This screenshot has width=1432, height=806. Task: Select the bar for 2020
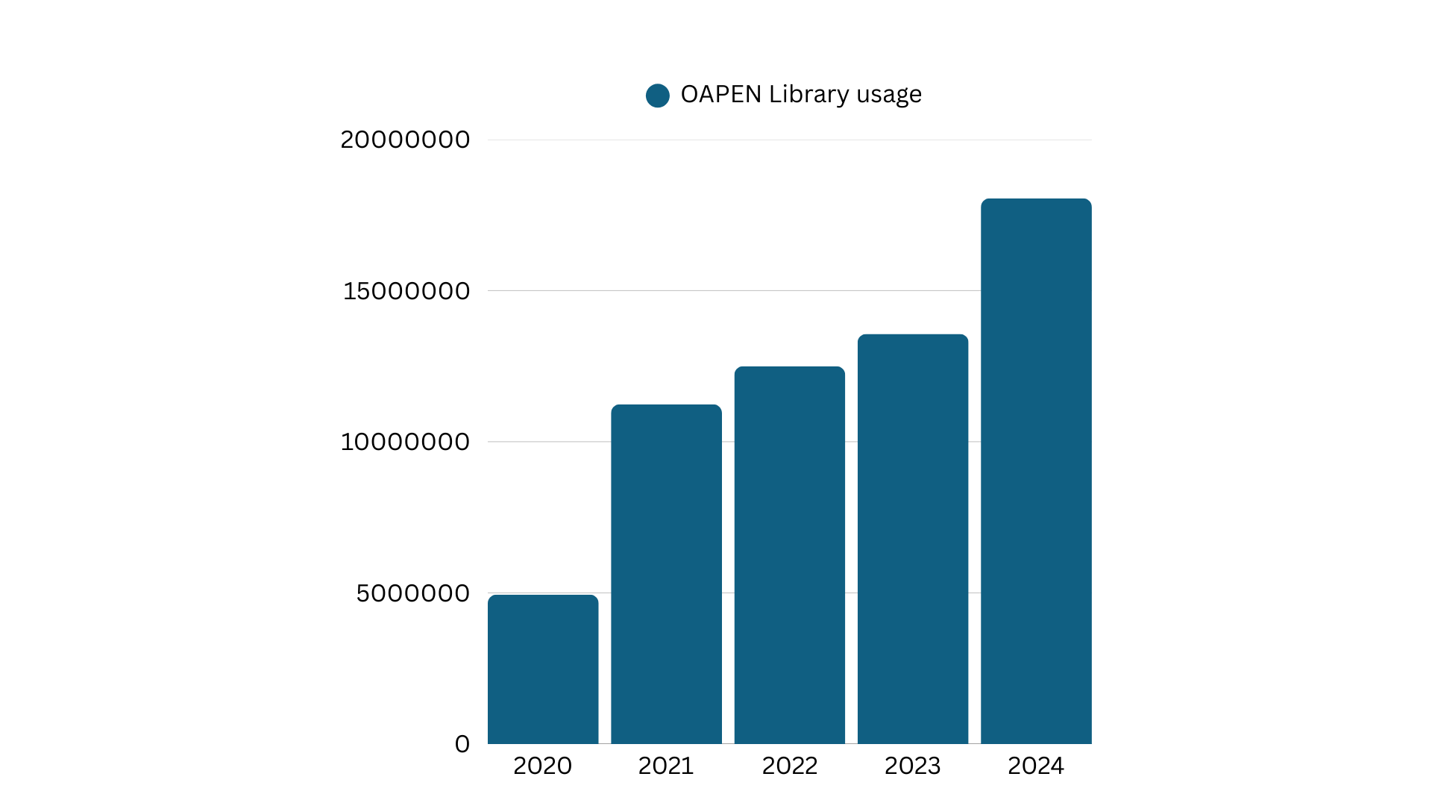pos(543,669)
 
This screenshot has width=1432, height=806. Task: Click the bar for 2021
pos(666,574)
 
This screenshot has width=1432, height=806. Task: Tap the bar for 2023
pos(913,539)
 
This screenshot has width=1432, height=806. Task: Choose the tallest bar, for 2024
pos(1036,471)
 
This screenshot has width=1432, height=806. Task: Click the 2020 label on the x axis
pos(542,766)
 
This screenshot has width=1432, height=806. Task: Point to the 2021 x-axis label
pos(666,766)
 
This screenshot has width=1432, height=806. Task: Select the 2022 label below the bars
pos(789,766)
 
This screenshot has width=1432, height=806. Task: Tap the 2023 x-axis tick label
pos(912,766)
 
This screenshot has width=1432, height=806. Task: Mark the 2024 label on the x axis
pos(1035,766)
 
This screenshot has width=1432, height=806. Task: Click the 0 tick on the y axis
pos(462,744)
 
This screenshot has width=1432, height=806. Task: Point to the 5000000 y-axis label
pos(412,593)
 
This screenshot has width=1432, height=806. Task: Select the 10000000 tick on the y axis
pos(405,442)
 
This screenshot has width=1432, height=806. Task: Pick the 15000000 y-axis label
pos(406,291)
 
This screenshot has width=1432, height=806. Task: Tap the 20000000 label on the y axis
pos(405,140)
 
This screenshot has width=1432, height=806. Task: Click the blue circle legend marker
pos(657,96)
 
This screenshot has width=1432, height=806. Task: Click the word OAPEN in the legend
pos(721,95)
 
